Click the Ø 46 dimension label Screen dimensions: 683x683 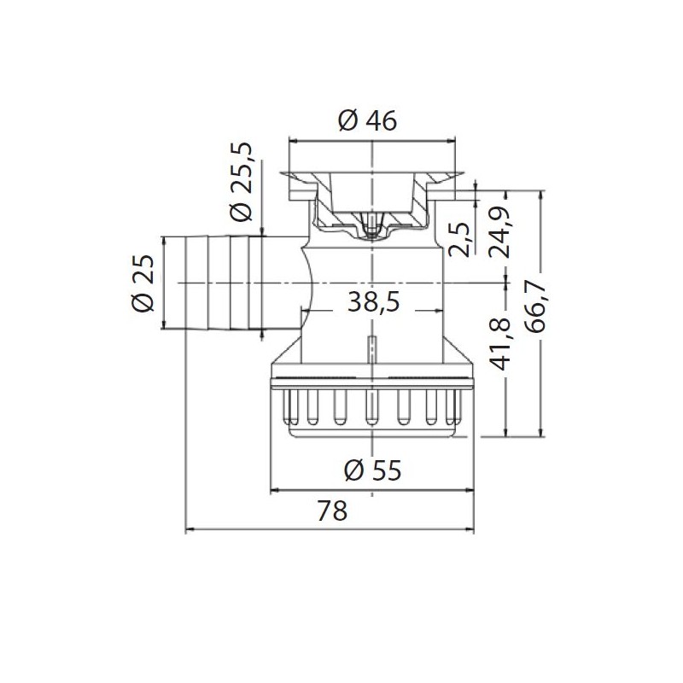tap(367, 122)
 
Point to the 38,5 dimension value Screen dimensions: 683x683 tap(373, 300)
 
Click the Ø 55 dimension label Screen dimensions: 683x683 tap(373, 469)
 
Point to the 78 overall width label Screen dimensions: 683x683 tap(333, 511)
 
